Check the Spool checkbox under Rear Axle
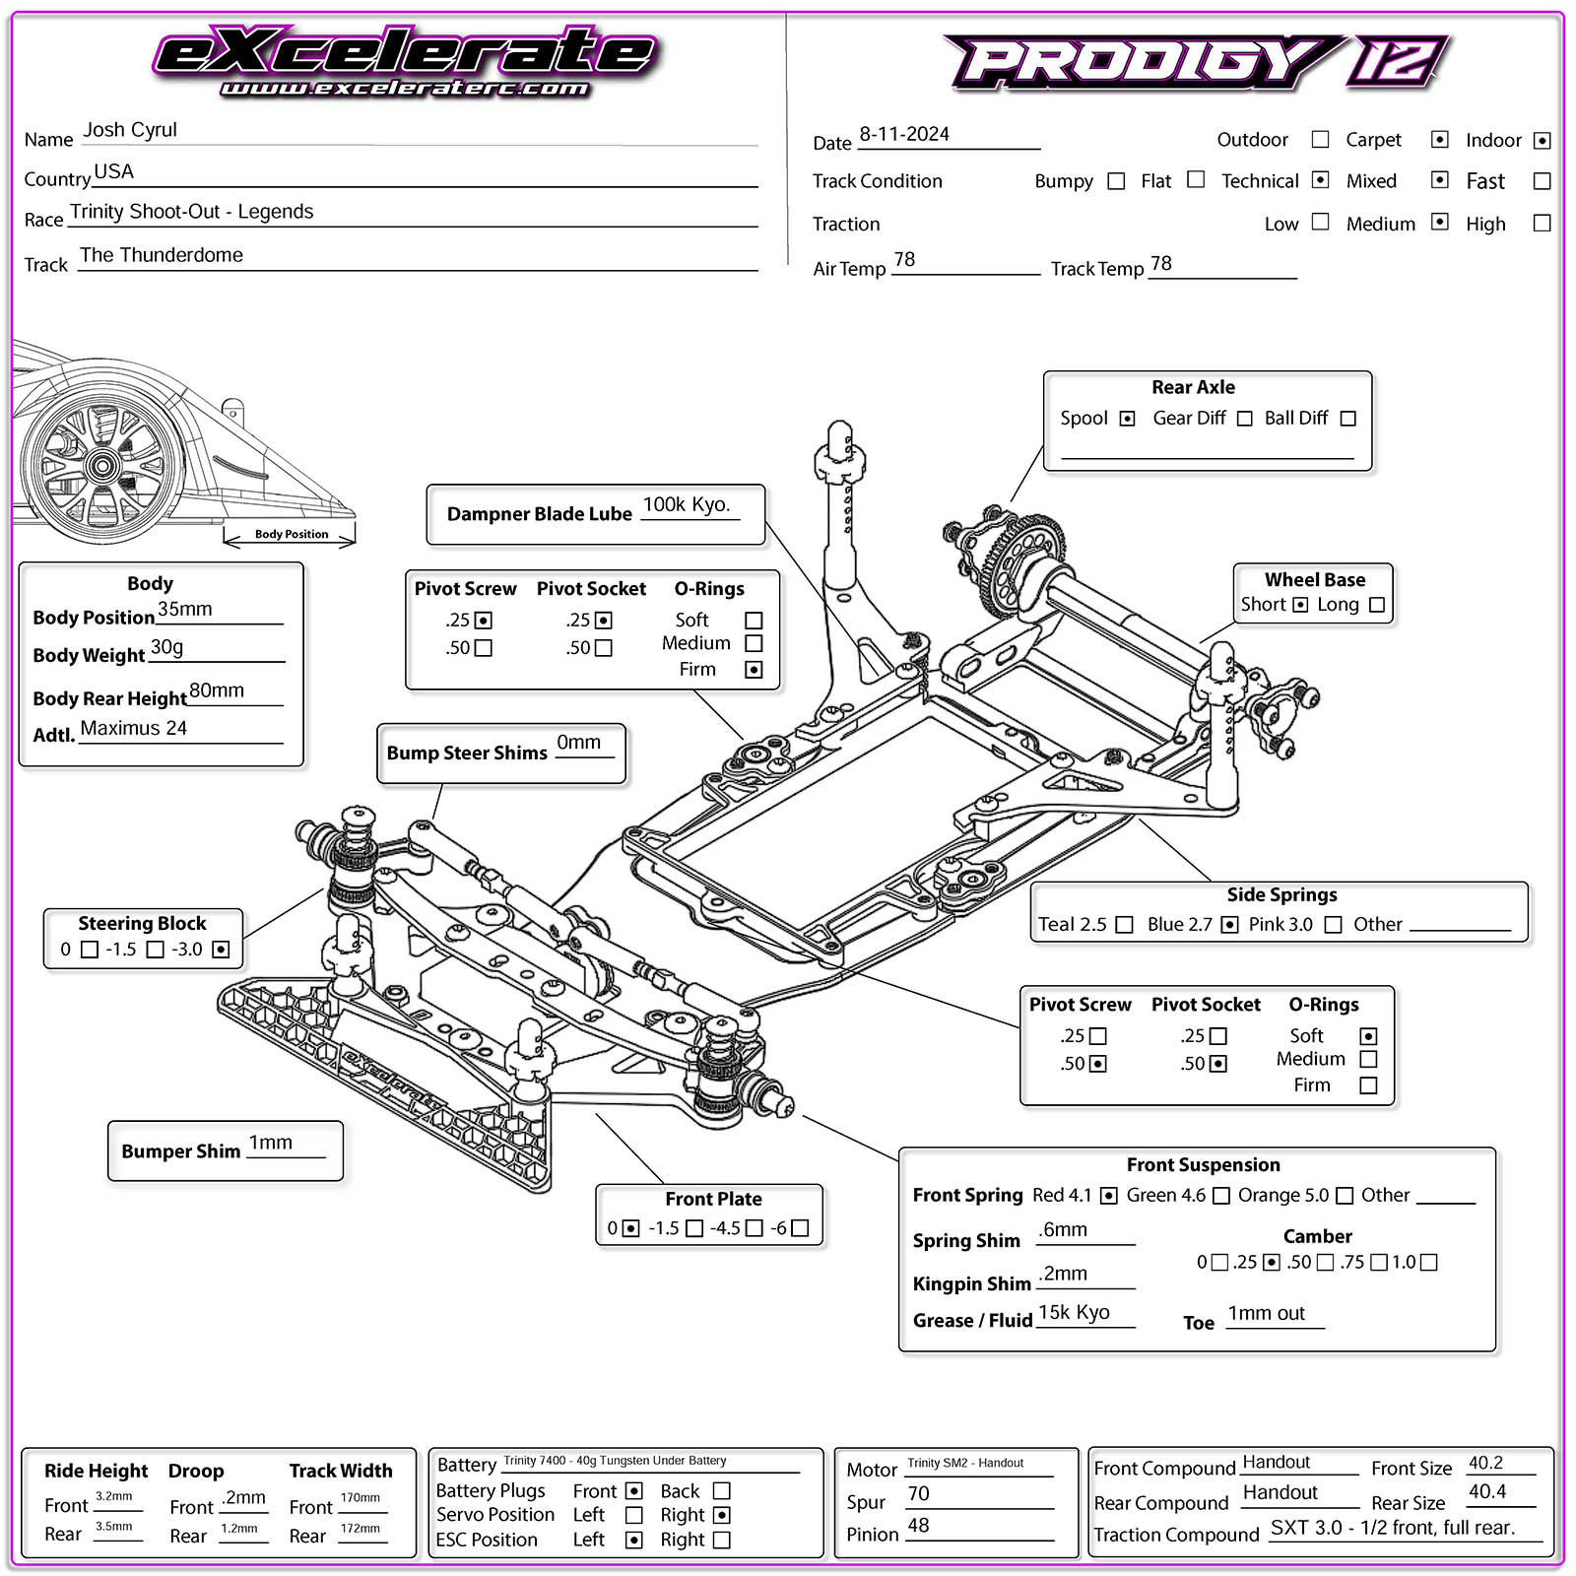pos(1127,419)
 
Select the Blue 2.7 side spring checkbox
pos(1229,925)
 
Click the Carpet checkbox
pos(1439,140)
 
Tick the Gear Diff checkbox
pos(1245,419)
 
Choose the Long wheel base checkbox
pos(1377,605)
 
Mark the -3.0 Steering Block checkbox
pos(221,950)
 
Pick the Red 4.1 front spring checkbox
pos(1108,1196)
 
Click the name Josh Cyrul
pos(130,130)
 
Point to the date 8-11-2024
pos(904,134)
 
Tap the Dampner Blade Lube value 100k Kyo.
pos(687,504)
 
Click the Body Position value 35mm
pos(185,609)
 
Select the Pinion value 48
pos(918,1525)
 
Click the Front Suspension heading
pos(1203,1164)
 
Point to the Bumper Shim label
pos(180,1150)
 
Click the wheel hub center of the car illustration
pos(100,467)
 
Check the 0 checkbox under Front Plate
pos(631,1228)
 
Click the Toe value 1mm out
pos(1266,1313)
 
